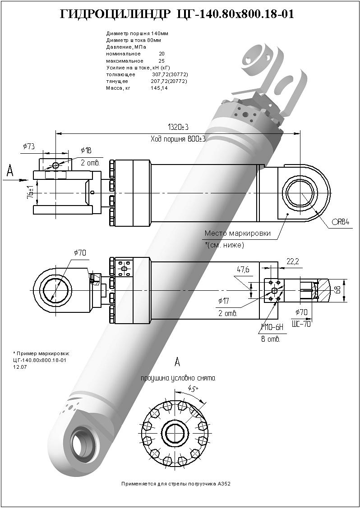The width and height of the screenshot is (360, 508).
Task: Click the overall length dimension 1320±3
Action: click(178, 127)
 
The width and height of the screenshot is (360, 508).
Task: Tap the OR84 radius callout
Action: click(341, 222)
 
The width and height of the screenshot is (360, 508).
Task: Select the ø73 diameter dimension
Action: click(29, 146)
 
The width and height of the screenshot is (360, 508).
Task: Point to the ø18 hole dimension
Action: click(86, 150)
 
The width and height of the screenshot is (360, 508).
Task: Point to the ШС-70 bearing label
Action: click(301, 323)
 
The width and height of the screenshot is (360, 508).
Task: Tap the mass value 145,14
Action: click(159, 88)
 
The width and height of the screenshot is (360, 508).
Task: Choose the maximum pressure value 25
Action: click(162, 60)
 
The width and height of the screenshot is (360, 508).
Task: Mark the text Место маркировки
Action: click(237, 233)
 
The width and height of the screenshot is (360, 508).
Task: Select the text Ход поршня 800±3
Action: click(178, 139)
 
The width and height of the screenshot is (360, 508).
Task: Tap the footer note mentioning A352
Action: click(176, 483)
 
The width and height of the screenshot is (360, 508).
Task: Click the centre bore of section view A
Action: click(174, 433)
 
